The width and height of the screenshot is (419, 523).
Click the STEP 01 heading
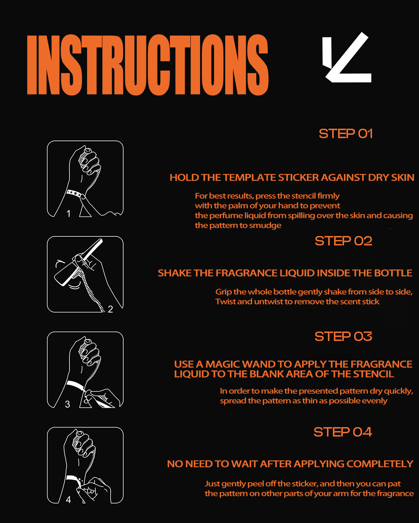click(346, 134)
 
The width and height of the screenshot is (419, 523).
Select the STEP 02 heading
click(344, 241)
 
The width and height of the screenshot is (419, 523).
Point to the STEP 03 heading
click(343, 336)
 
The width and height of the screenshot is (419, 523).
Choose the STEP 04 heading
click(343, 432)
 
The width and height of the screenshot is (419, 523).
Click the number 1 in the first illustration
click(69, 214)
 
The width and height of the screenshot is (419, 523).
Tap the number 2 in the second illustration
click(110, 309)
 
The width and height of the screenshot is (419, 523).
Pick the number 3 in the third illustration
click(67, 404)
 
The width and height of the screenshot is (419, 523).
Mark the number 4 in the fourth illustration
click(68, 500)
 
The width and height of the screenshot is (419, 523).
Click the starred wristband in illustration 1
click(74, 194)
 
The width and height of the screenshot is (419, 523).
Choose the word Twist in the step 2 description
click(226, 302)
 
